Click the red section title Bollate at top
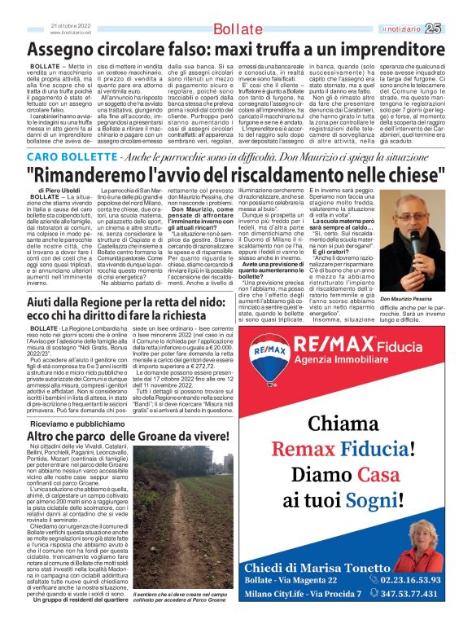(x=236, y=29)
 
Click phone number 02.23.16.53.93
(x=409, y=579)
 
